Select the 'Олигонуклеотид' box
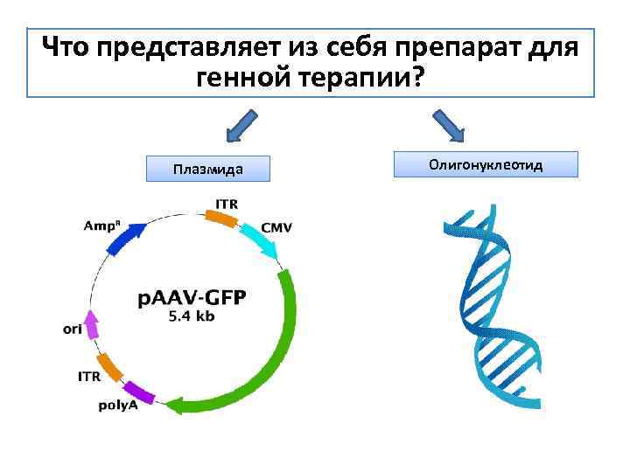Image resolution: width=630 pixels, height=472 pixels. click(486, 164)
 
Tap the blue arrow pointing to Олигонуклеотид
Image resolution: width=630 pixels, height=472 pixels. click(450, 125)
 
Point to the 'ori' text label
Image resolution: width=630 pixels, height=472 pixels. click(73, 330)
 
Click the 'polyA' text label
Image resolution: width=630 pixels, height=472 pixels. click(117, 406)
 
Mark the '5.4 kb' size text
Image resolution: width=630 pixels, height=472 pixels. click(192, 316)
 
